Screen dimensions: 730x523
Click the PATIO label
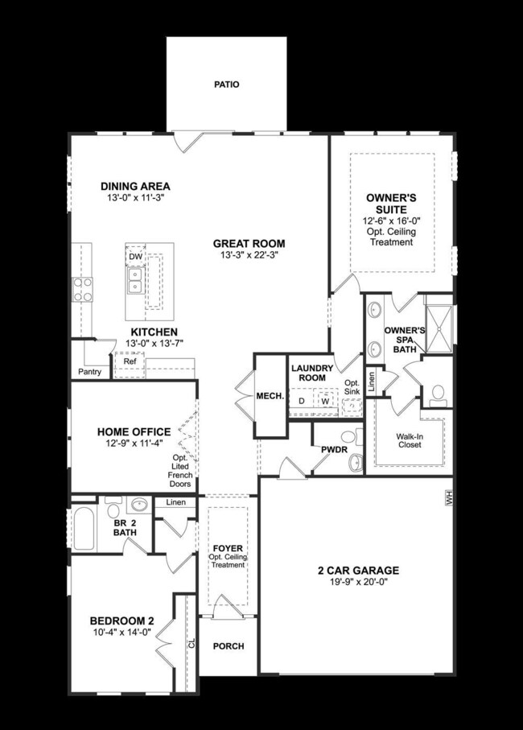coord(227,84)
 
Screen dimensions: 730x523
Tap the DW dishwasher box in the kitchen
coord(135,256)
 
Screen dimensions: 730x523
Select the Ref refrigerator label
coord(129,362)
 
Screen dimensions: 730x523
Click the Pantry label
coord(89,372)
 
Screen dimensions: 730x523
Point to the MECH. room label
coord(267,396)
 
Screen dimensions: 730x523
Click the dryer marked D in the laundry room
coord(302,400)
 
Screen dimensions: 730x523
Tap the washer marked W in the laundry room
coord(326,400)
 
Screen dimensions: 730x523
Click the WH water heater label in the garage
coord(449,501)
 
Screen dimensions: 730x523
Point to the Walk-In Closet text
coord(410,442)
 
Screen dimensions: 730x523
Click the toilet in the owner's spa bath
coord(439,394)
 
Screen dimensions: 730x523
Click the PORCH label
coord(229,646)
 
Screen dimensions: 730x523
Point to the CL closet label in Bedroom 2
coord(191,644)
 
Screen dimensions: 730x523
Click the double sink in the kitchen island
coord(135,280)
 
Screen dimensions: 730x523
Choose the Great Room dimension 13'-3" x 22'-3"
coord(249,255)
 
